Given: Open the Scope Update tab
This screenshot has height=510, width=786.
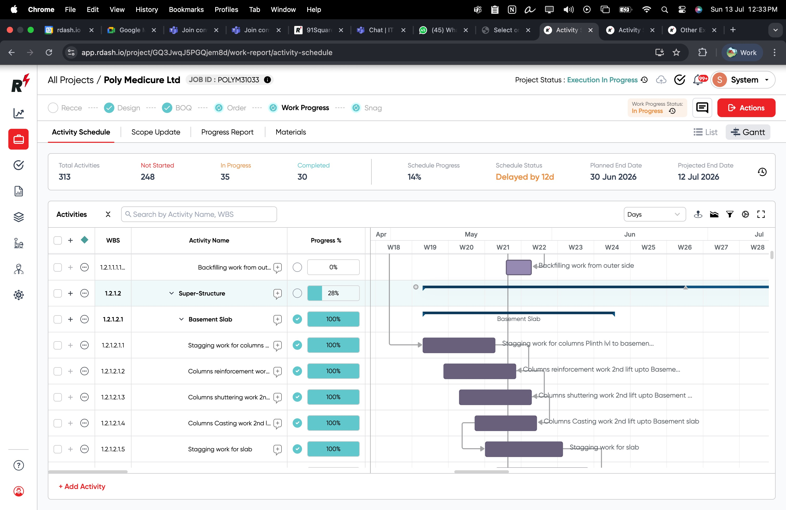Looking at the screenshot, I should click(x=155, y=132).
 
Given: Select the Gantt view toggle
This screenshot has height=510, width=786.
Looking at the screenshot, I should click(x=748, y=132).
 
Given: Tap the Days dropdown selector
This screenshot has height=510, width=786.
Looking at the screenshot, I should click(x=654, y=214).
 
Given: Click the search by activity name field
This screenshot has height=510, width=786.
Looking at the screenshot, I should click(x=199, y=214).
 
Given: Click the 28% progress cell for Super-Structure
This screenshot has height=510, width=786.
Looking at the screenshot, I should click(x=333, y=293).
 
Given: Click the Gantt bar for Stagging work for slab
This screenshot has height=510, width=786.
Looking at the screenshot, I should click(x=523, y=449).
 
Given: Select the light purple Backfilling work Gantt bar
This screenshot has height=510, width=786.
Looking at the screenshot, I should click(x=518, y=267).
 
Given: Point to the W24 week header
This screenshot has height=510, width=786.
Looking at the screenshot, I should click(x=612, y=247).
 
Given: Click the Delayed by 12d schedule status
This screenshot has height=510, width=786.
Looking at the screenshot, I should click(x=525, y=177).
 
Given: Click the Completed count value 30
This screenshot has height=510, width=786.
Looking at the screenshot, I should click(x=302, y=177).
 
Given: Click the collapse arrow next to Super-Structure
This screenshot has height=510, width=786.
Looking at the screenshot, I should click(x=171, y=293).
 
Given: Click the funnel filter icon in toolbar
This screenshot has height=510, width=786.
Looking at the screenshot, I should click(x=730, y=214).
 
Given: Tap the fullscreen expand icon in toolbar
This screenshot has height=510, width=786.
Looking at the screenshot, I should click(x=761, y=214).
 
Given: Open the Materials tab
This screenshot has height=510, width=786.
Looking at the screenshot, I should click(x=291, y=132).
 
